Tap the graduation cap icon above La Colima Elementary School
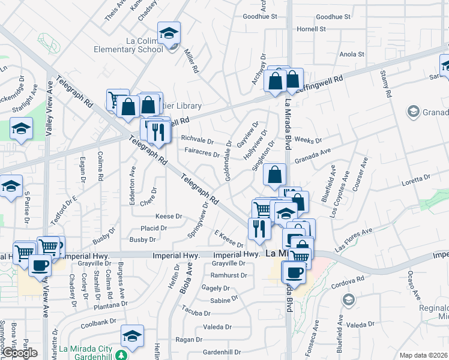(169, 32)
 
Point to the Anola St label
(352, 54)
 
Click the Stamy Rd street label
(385, 84)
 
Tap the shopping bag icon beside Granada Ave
(274, 175)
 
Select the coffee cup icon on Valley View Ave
(40, 265)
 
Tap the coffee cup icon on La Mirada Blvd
(294, 272)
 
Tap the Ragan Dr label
(188, 340)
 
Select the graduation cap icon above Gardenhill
(132, 335)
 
